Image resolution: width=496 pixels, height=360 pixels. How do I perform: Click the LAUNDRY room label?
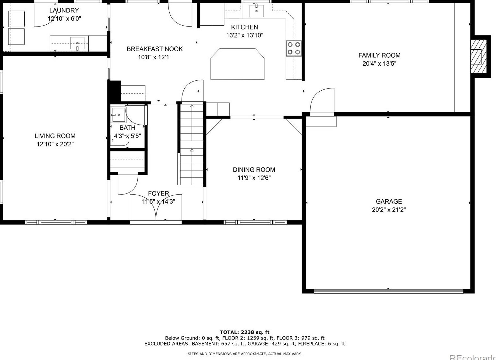64,11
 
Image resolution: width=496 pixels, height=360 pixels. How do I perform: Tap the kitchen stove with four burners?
294,48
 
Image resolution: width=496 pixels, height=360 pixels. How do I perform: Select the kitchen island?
237,64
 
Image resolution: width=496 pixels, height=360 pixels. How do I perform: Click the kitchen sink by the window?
256,11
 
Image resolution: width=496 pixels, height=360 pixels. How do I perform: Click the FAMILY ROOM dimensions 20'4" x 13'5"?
379,64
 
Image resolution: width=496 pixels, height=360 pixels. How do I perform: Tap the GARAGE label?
389,201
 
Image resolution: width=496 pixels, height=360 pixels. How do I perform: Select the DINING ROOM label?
254,170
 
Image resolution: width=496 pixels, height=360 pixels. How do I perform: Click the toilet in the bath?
119,141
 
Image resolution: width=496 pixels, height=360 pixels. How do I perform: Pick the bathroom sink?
119,115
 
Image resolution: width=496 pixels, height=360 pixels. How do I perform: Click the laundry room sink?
77,43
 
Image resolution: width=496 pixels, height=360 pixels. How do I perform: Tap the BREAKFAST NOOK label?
155,49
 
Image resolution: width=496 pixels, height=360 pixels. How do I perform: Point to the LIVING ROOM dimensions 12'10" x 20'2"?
55,144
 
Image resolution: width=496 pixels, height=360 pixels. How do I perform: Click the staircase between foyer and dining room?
192,144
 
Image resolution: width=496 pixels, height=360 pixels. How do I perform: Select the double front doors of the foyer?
156,208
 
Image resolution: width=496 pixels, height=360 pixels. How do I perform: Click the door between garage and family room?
322,101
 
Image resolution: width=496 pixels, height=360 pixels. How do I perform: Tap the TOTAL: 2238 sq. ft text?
244,332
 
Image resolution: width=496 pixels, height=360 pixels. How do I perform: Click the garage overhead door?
389,291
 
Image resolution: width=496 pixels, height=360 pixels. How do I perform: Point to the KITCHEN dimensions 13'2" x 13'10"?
244,35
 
